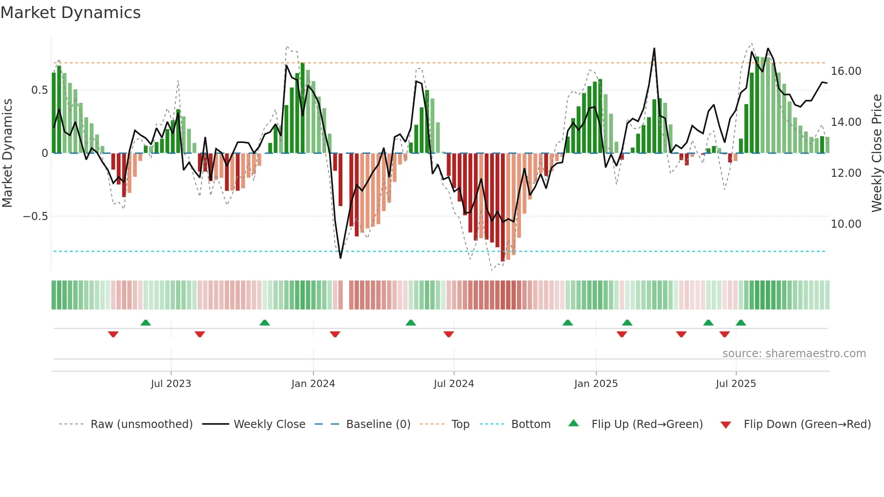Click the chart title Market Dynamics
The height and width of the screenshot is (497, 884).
[70, 13]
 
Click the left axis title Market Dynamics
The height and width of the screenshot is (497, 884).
[7, 153]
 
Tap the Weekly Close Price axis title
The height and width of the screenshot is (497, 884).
[876, 153]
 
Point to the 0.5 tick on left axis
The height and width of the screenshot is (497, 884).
[39, 90]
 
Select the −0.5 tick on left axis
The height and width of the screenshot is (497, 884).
[35, 216]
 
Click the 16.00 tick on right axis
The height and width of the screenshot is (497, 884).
[846, 71]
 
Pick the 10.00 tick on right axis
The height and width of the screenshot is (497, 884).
[846, 224]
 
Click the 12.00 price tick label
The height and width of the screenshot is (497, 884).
[846, 173]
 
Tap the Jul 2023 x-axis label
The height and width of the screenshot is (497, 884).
[171, 384]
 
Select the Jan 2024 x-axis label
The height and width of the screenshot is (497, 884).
[313, 384]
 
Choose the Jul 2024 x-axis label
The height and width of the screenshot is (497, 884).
[454, 384]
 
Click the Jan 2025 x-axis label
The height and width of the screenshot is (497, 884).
[596, 384]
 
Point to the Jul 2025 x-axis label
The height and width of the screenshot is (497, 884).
[736, 384]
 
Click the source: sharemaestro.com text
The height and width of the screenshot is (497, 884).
[794, 354]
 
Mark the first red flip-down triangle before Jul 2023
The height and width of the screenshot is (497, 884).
[113, 334]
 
